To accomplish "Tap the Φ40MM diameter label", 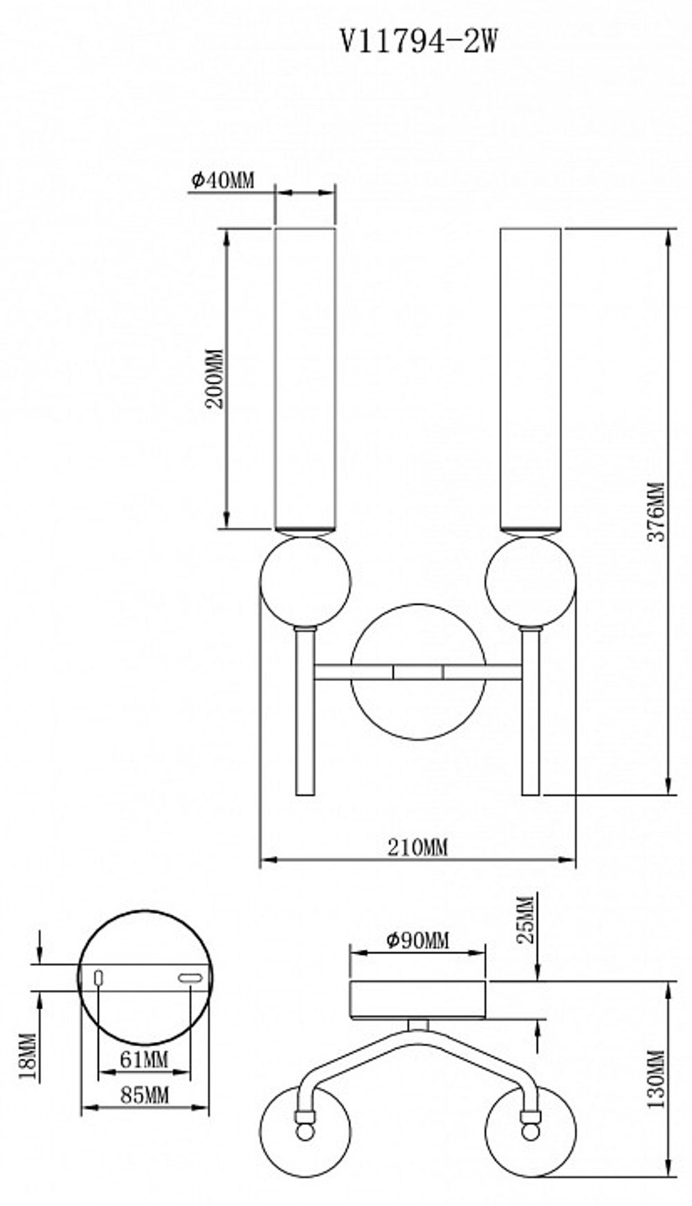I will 223,181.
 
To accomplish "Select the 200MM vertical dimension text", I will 217,378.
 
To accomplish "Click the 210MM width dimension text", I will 417,847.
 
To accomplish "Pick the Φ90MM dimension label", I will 417,940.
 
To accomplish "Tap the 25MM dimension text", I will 526,920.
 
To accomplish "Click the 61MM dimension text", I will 144,1059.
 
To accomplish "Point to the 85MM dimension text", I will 145,1095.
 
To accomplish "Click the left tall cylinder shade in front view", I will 305,378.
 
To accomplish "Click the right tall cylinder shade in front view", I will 530,378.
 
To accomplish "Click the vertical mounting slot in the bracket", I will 98,977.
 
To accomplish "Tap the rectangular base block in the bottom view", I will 417,998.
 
